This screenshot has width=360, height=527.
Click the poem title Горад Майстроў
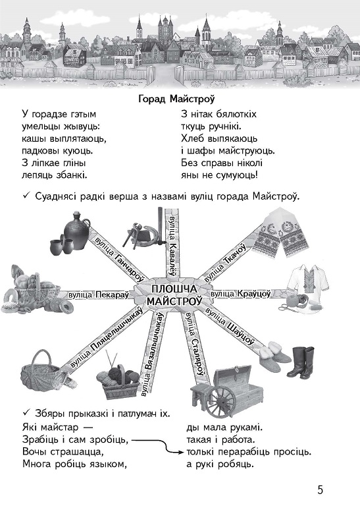[x=176, y=99]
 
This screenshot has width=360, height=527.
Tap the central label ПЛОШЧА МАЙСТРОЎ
[x=174, y=294]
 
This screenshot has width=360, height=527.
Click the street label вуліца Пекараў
[x=99, y=294]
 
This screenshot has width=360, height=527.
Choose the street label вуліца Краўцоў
[x=240, y=294]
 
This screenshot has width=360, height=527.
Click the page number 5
[x=320, y=489]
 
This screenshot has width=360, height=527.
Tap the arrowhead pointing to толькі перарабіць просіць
[x=182, y=452]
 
